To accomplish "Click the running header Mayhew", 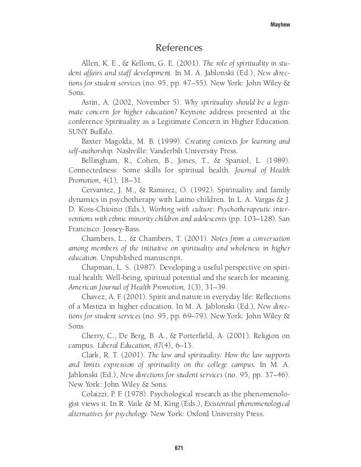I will click(x=281, y=24).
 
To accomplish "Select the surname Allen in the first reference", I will click(x=92, y=62).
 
